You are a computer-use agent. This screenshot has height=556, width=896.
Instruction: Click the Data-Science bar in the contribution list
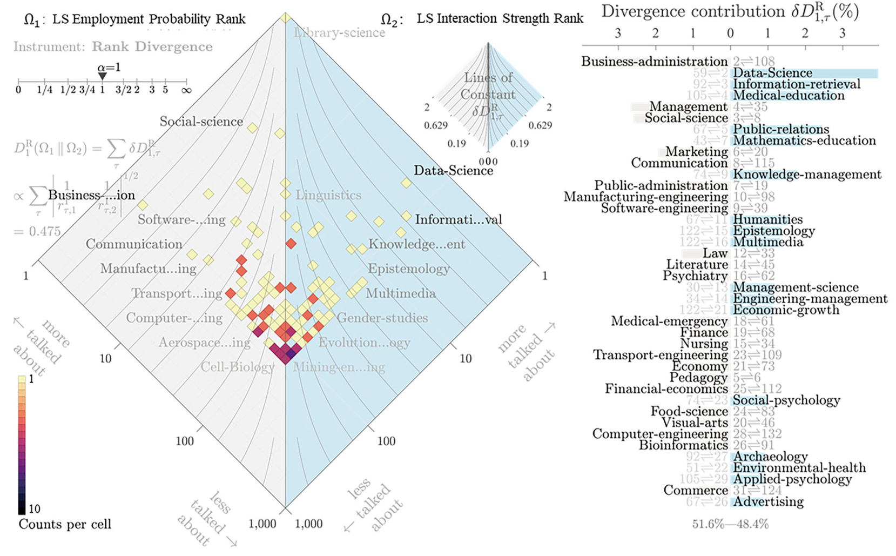(x=804, y=73)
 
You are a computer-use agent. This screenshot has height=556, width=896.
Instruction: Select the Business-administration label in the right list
(x=654, y=62)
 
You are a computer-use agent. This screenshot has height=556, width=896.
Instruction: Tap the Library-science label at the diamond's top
(x=339, y=33)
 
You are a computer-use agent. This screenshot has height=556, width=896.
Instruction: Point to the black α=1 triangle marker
(x=102, y=76)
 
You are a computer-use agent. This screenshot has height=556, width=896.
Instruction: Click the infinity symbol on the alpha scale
(x=186, y=90)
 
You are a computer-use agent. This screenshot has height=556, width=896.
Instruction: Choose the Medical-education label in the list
(x=788, y=96)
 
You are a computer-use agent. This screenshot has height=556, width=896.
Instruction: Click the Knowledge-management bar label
(x=806, y=175)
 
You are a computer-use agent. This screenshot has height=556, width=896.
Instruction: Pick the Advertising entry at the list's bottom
(x=767, y=502)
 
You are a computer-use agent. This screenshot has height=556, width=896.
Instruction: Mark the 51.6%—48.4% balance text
(x=730, y=524)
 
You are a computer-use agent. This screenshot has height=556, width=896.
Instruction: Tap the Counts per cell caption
(x=65, y=524)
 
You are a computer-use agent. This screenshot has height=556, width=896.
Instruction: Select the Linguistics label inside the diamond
(x=328, y=195)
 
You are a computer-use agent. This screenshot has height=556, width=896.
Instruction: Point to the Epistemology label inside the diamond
(x=408, y=269)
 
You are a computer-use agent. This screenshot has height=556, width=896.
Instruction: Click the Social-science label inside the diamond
(x=201, y=122)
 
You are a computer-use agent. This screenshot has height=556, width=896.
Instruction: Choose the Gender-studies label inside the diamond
(x=382, y=318)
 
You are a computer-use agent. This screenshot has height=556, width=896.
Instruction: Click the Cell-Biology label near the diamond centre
(x=237, y=367)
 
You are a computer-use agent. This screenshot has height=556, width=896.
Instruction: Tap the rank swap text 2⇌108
(x=753, y=62)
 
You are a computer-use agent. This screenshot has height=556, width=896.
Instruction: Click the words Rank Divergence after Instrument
(x=152, y=47)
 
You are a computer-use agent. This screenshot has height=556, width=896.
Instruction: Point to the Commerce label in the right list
(x=696, y=491)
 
